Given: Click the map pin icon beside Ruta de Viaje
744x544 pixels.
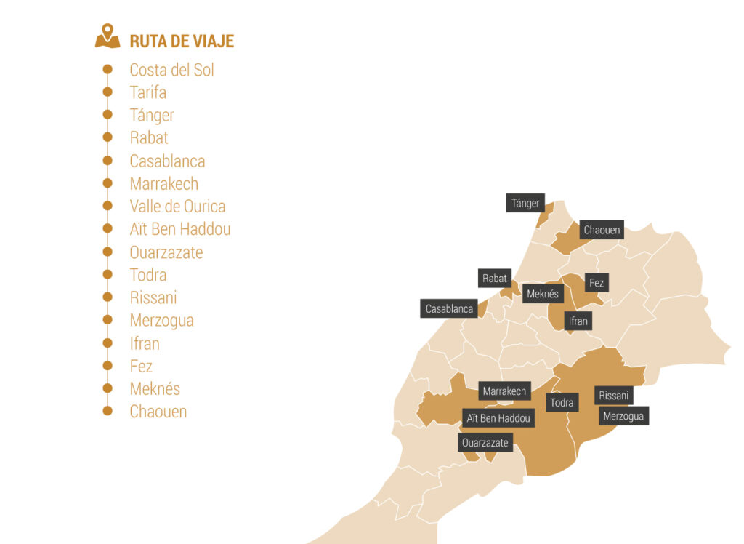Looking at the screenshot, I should point(108,37).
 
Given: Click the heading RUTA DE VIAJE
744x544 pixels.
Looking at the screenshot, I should point(182,41).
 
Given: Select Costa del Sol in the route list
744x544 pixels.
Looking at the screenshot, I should point(171,70).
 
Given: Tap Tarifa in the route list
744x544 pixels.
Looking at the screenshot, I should point(147,92).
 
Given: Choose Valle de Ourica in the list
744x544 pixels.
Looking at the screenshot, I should point(177,206).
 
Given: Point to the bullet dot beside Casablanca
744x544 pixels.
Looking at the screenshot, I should point(108,160).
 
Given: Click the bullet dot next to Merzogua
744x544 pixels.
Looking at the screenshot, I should point(108,319).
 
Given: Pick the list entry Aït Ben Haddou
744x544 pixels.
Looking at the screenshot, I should point(179,229).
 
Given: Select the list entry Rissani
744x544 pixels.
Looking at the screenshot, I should point(153,297).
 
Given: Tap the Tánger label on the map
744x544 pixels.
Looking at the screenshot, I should point(525,203).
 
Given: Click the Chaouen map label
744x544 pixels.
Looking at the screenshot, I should point(602,230).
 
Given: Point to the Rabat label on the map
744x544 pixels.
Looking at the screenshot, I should point(495,278).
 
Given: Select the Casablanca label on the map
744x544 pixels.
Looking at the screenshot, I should point(449,308).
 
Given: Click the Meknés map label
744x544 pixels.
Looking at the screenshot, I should point(543,294).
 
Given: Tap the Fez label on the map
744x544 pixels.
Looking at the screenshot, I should point(596,282).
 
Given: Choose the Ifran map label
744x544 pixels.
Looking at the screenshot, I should point(578,320).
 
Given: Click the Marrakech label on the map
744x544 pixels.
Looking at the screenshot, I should point(504,391).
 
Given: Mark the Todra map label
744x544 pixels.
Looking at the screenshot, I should point(562,402).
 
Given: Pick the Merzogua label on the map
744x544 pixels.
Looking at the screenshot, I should point(623,415).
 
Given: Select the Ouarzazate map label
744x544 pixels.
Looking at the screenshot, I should point(485,442).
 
